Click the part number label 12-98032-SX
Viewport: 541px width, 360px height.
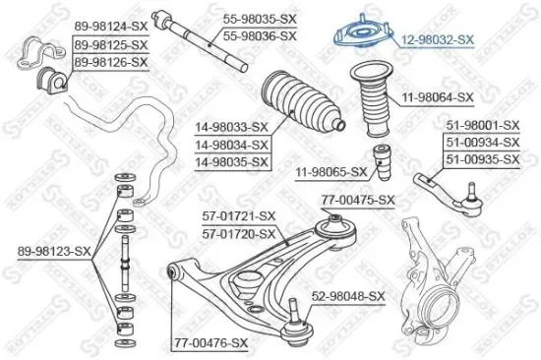point(439,39)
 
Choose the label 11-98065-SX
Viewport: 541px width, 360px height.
point(331,172)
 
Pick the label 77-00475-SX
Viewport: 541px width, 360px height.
point(358,201)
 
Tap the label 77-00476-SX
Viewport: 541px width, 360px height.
point(210,341)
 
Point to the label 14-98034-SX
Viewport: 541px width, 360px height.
point(232,145)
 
